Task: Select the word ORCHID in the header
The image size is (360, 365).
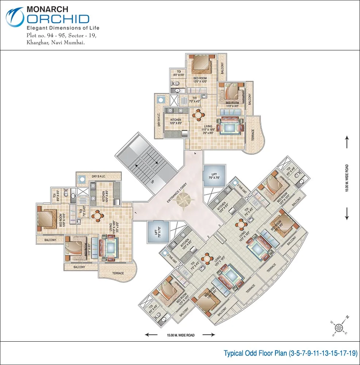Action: tap(58, 19)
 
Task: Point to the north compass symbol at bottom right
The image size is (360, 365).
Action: tap(339, 326)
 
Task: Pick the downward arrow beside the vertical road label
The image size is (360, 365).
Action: tap(347, 214)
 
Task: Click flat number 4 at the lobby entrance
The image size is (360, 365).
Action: tap(196, 154)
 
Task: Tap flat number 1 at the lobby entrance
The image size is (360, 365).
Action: tap(135, 212)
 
